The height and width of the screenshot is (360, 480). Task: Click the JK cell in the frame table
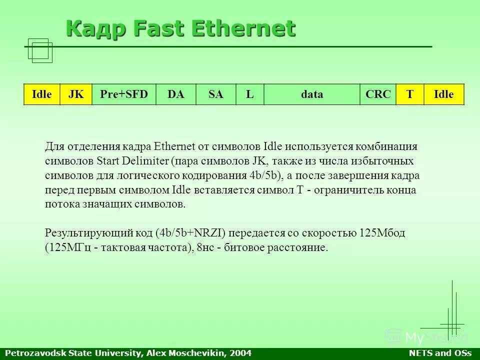76,94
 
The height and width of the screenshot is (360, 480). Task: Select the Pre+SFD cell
124,94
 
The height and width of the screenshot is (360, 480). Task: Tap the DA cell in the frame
175,94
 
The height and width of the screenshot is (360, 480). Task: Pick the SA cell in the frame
215,94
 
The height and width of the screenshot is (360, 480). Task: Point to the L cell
249,94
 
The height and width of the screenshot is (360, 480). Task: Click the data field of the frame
311,94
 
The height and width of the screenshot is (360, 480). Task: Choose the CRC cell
378,94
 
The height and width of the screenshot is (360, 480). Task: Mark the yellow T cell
410,94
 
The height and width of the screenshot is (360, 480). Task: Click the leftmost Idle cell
42,94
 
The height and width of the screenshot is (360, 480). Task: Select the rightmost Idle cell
444,94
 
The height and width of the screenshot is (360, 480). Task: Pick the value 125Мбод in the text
382,233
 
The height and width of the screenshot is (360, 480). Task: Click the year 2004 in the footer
240,353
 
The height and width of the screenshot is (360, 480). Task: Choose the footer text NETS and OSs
440,353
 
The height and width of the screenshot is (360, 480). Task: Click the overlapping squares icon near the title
40,51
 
